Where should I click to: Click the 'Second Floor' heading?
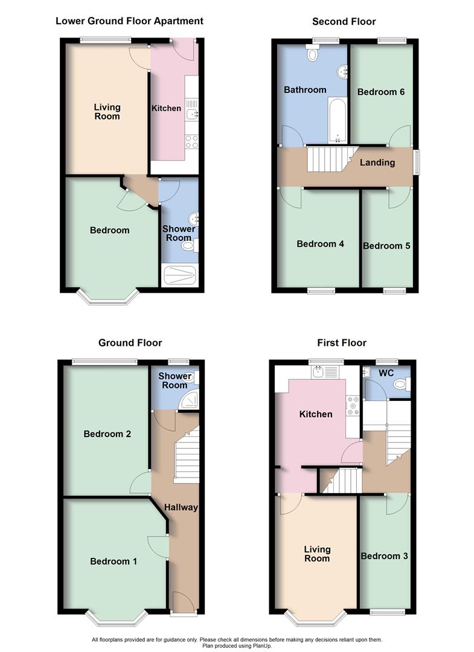344,22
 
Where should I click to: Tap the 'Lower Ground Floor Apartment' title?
129,21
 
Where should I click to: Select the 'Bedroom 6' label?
380,92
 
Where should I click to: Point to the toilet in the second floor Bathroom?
313,54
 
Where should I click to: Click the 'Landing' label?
377,162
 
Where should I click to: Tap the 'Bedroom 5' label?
386,246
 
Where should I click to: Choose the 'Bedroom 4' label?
320,244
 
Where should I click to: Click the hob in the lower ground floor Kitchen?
191,141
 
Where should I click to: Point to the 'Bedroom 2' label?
107,434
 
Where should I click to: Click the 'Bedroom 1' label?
114,561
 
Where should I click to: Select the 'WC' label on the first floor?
386,372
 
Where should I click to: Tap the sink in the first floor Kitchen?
318,372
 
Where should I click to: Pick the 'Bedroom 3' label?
384,556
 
